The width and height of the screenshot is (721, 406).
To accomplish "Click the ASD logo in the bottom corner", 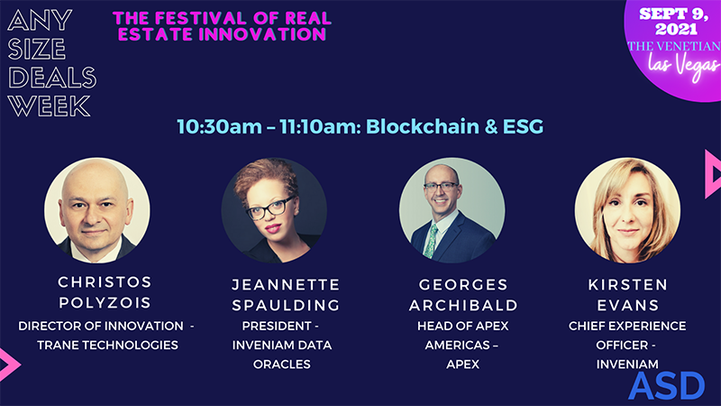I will pos(666,385).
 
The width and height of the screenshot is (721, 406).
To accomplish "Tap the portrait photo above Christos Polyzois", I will pos(97,209).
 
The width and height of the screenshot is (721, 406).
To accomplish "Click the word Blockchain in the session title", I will pos(406,126).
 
